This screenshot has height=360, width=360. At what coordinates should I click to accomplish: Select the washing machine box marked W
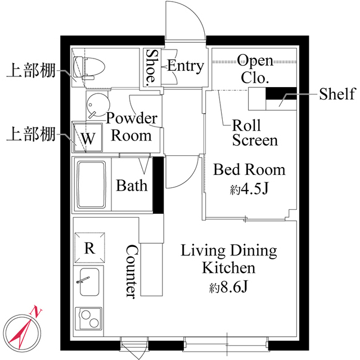[x=87, y=137]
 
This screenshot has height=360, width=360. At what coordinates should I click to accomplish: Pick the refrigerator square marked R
[x=89, y=247]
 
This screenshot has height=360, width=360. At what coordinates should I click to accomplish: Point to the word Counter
[x=130, y=271]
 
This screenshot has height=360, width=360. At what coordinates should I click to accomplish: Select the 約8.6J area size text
[x=228, y=288]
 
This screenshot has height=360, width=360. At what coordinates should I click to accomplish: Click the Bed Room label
[x=249, y=170]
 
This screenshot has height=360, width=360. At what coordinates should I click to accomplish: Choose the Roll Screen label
[x=254, y=132]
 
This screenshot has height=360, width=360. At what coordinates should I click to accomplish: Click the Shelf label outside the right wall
[x=337, y=93]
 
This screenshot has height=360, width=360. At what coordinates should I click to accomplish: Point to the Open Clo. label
[x=254, y=68]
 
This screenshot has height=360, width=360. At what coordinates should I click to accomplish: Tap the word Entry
[x=185, y=66]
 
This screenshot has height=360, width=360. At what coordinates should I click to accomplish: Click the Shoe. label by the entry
[x=152, y=67]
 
